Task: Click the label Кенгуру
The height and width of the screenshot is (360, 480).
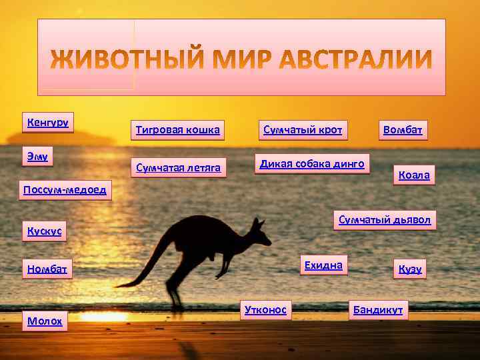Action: (x=49, y=123)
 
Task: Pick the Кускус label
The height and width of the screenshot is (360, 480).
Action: (x=44, y=231)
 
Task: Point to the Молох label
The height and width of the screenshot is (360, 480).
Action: (x=45, y=321)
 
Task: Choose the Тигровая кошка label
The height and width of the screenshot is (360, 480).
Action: (x=177, y=129)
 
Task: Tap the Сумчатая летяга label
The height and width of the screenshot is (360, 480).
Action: (x=178, y=167)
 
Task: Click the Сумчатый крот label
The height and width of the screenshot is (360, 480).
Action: (x=303, y=129)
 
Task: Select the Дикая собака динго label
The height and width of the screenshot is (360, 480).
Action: (x=312, y=163)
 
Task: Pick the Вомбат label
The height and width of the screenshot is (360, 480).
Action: (x=403, y=129)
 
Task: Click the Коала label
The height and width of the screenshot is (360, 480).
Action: (x=414, y=175)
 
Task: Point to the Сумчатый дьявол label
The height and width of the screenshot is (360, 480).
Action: (x=385, y=220)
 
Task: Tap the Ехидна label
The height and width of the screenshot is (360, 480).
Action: (x=323, y=265)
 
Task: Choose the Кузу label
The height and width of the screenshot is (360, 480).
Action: (x=410, y=269)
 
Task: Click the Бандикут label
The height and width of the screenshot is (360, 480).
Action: (x=378, y=311)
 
